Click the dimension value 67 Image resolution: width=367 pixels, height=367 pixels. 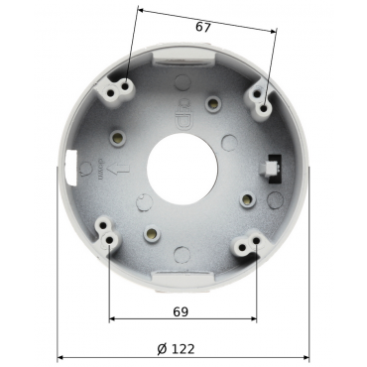[x=203, y=27]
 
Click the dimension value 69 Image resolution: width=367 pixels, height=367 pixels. [x=181, y=311]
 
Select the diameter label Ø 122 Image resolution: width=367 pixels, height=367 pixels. [x=176, y=349]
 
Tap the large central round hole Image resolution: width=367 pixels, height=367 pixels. [x=183, y=169]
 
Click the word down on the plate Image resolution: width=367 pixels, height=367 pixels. [x=100, y=170]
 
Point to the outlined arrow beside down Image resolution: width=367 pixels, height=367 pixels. [x=118, y=170]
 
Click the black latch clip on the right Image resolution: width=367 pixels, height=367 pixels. [x=273, y=168]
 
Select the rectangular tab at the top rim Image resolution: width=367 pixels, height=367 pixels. [x=183, y=59]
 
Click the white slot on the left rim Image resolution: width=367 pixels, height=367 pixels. [x=71, y=166]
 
